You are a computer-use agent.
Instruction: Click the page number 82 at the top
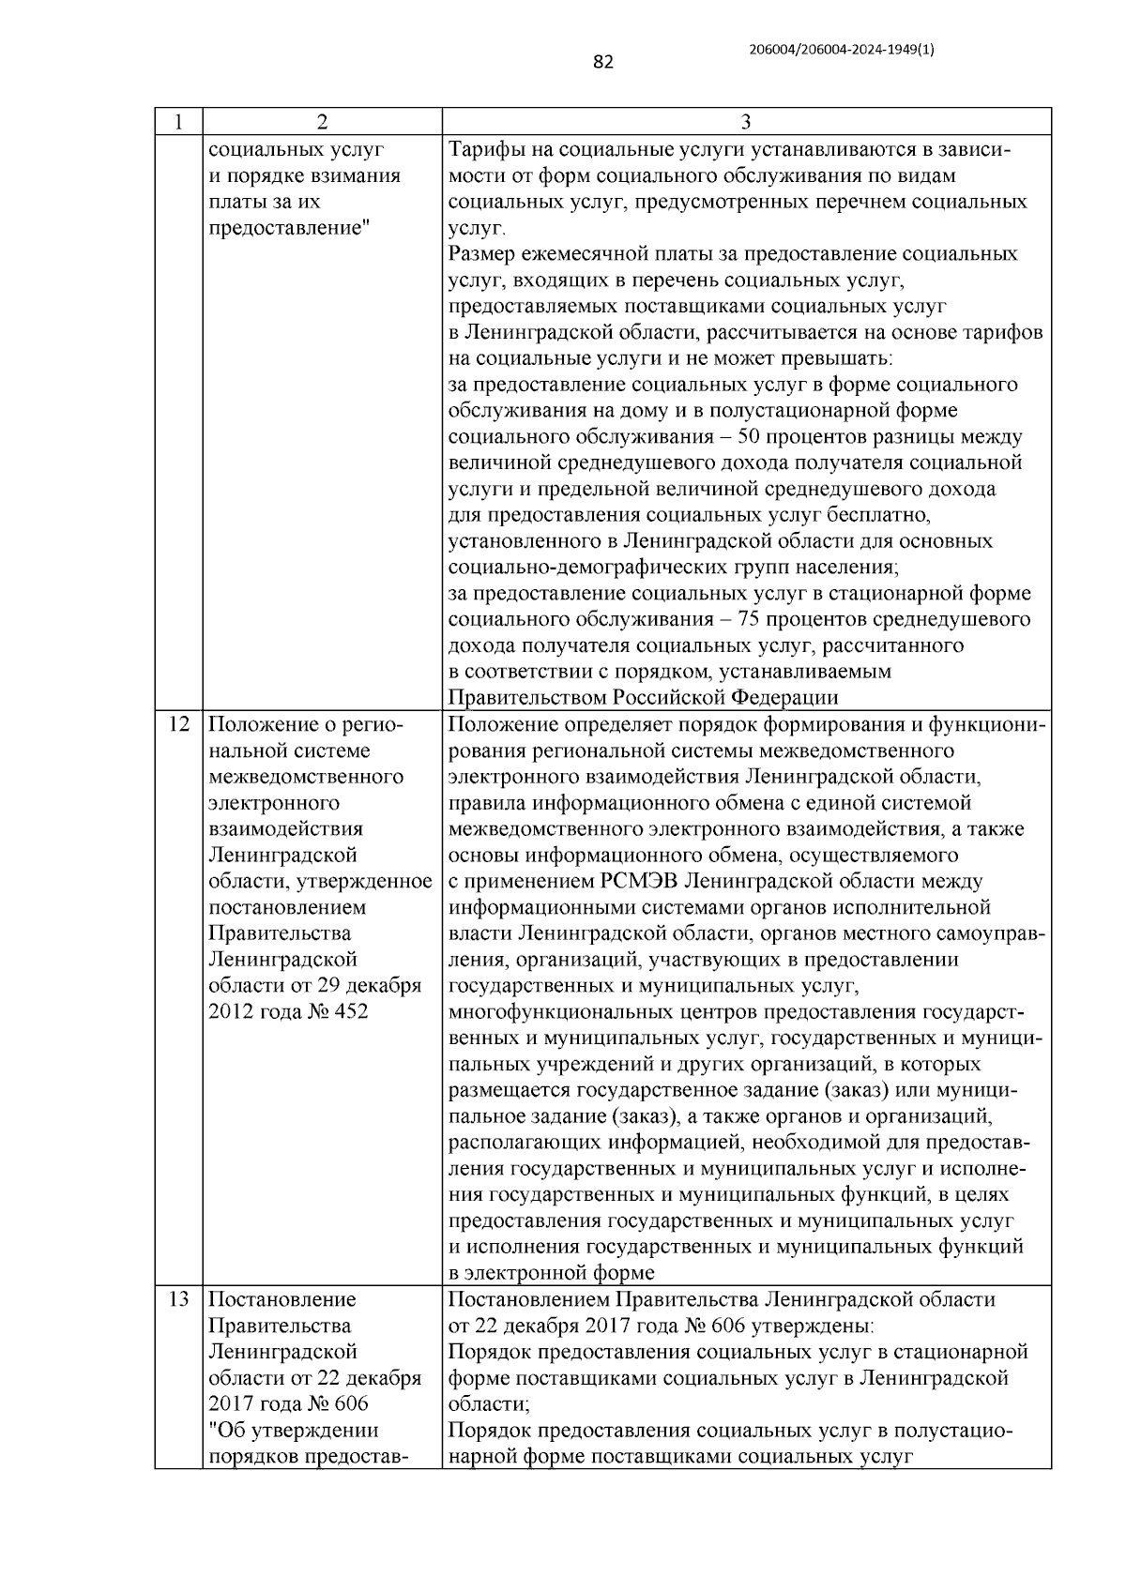pos(603,62)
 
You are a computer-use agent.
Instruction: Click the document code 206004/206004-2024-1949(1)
pos(842,50)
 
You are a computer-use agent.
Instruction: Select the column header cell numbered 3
pos(746,122)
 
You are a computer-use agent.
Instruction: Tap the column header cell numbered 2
pos(322,122)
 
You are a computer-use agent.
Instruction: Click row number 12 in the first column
pos(178,725)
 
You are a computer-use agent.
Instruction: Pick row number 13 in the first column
pos(178,1300)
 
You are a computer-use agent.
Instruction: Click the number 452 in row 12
pos(348,1012)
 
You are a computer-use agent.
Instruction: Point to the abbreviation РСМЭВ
pos(637,882)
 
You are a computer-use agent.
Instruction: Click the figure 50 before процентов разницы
pos(751,437)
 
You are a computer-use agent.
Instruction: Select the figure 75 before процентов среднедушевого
pos(751,620)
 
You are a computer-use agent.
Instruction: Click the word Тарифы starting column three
pos(482,150)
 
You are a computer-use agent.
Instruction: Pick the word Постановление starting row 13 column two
pos(281,1300)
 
